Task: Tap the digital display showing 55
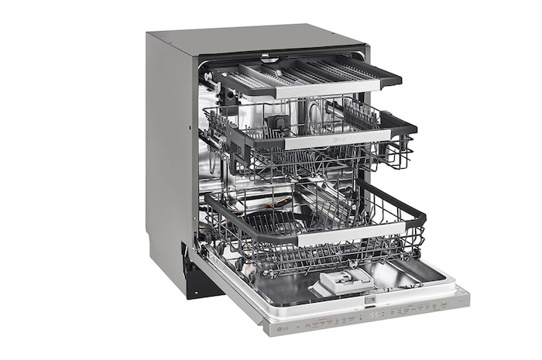[374, 316]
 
